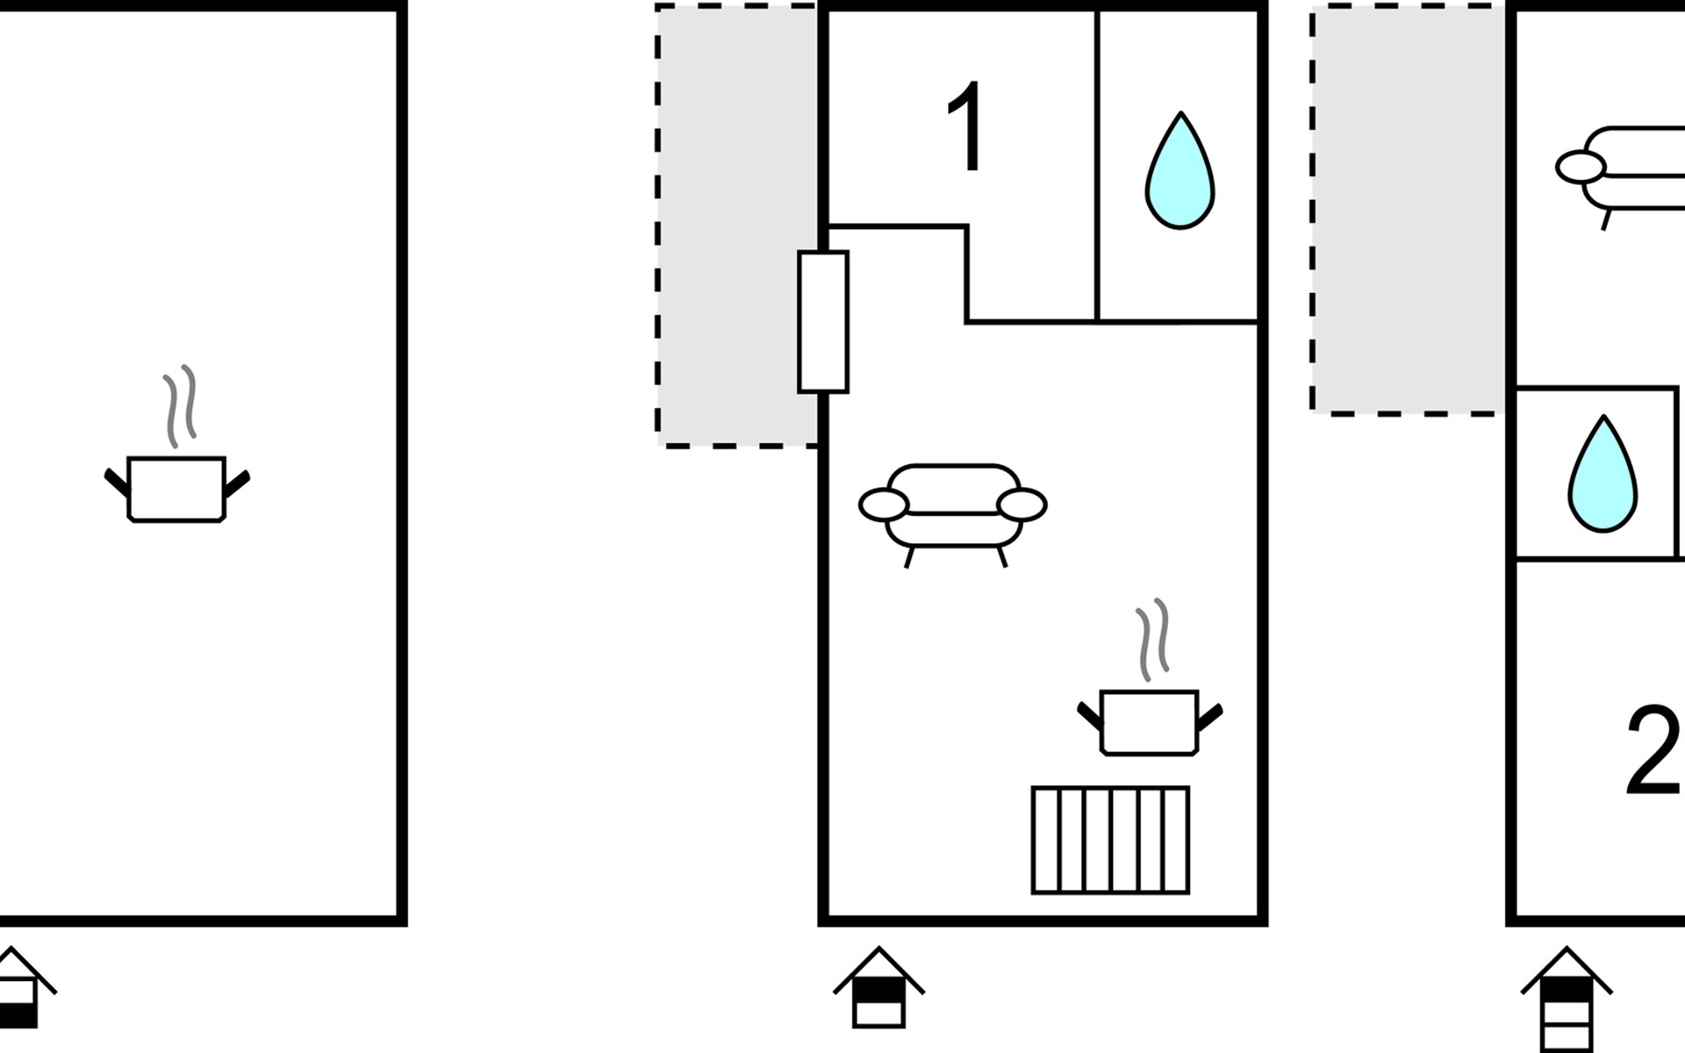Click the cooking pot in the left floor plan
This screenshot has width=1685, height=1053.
pyautogui.click(x=176, y=489)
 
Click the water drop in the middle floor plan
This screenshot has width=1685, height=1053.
pyautogui.click(x=1179, y=173)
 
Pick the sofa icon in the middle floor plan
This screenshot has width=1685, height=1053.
pyautogui.click(x=953, y=509)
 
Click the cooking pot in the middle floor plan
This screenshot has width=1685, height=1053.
pyautogui.click(x=1149, y=722)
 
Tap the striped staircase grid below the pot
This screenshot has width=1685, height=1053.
pyautogui.click(x=1110, y=840)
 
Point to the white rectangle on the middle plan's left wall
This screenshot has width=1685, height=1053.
pyautogui.click(x=822, y=321)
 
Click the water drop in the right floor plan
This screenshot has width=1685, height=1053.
pyautogui.click(x=1603, y=476)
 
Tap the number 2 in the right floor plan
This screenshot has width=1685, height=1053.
pyautogui.click(x=1654, y=751)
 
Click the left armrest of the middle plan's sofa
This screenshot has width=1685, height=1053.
pyautogui.click(x=883, y=505)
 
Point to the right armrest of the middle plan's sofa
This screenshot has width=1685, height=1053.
pyautogui.click(x=1022, y=505)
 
